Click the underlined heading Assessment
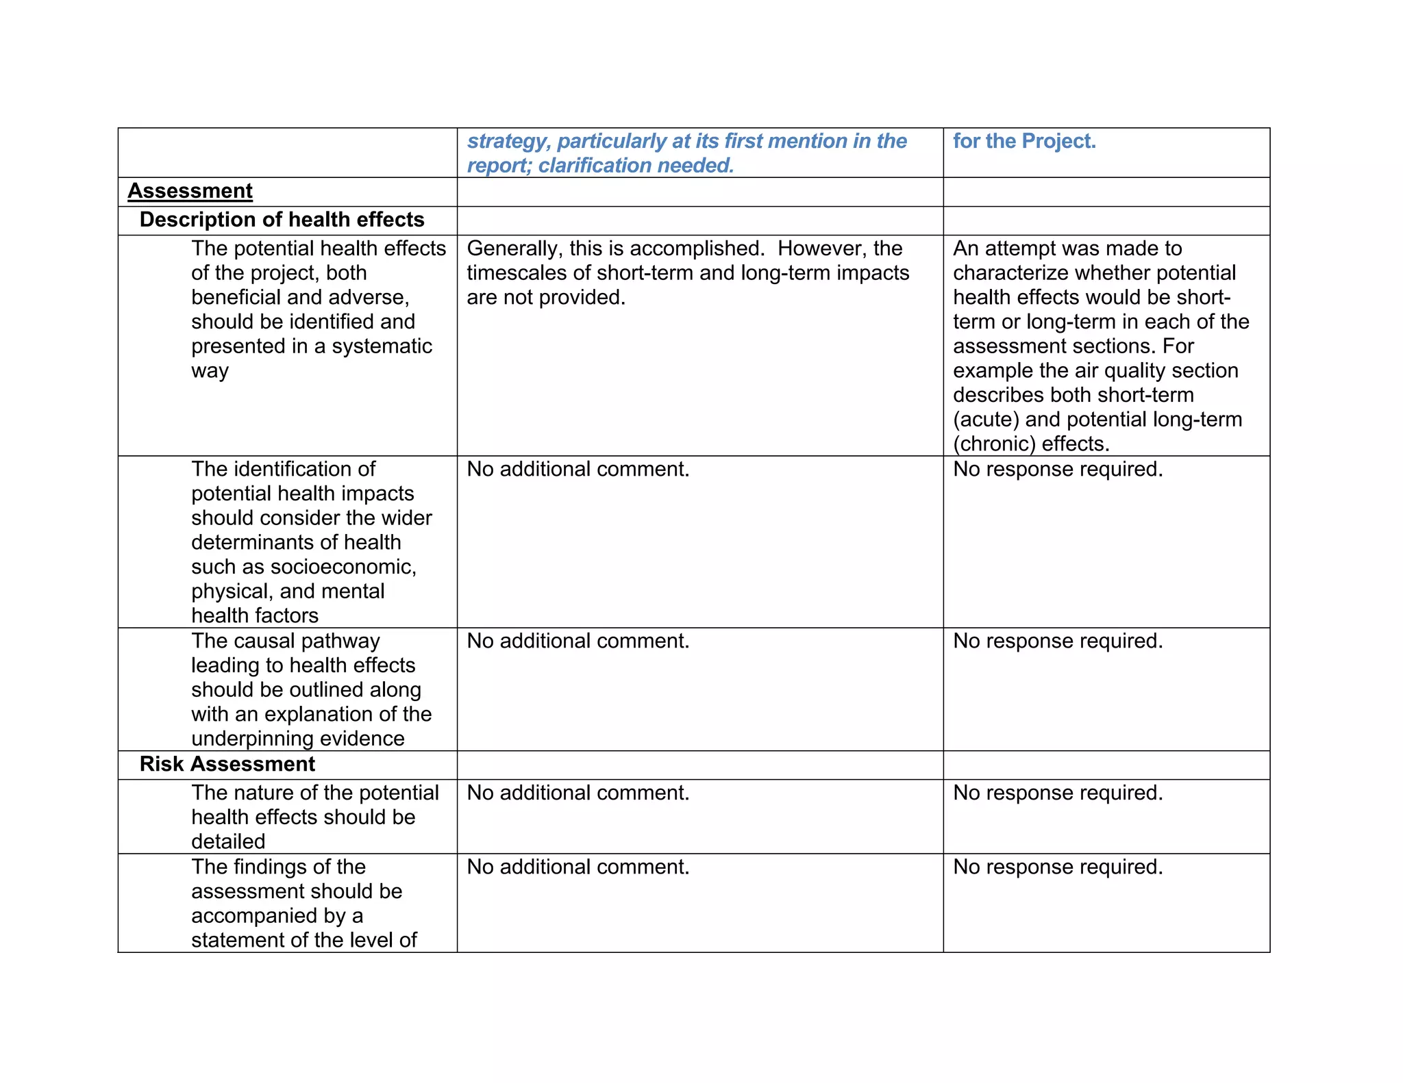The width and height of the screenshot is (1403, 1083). point(190,191)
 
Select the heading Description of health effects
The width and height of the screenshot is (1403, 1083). point(282,220)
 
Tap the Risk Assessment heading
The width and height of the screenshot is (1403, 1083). point(227,764)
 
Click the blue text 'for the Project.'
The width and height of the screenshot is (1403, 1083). point(1024,141)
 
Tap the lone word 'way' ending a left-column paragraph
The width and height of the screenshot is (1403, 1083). point(210,371)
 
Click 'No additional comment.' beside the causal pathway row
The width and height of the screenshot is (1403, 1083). point(578,641)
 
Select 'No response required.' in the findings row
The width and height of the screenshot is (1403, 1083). point(1058,867)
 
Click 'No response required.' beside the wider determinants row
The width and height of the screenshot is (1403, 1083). point(1058,469)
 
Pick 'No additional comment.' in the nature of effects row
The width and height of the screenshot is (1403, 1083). point(578,793)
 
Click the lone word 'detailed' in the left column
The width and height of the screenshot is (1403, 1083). point(228,841)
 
